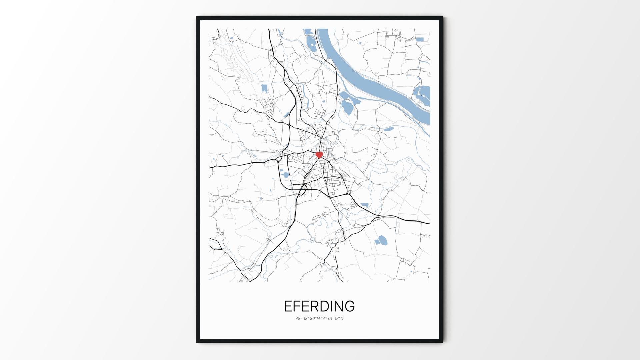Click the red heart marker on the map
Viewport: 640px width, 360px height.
[319, 155]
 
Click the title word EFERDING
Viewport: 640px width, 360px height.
[319, 306]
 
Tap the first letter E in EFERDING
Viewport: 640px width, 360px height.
[288, 306]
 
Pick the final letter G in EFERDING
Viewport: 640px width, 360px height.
[349, 306]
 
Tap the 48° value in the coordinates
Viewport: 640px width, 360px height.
[299, 318]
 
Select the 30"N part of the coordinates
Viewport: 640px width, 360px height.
[315, 318]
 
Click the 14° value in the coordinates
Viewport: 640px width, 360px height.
[324, 318]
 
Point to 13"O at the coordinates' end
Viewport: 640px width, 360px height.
[339, 318]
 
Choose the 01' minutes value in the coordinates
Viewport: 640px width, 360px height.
[331, 318]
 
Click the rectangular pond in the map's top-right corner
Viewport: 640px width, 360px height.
[420, 39]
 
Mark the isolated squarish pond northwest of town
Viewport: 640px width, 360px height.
[264, 88]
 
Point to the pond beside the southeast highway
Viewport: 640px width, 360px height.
[364, 205]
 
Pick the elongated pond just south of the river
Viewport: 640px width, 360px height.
[389, 129]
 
